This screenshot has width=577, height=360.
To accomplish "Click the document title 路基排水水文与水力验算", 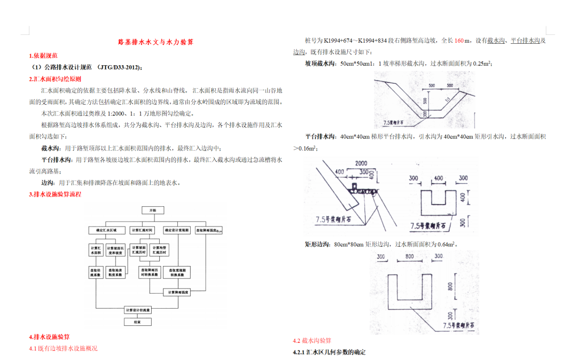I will tap(155, 42).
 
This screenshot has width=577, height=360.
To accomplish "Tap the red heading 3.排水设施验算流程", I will tap(55, 194).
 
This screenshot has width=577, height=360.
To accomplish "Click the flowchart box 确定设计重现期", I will tap(176, 230).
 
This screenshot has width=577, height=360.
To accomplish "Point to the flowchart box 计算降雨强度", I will tap(176, 293).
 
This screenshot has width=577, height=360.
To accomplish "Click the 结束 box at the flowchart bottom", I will tap(137, 322).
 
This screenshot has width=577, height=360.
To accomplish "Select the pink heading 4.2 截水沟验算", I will tap(312, 340).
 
